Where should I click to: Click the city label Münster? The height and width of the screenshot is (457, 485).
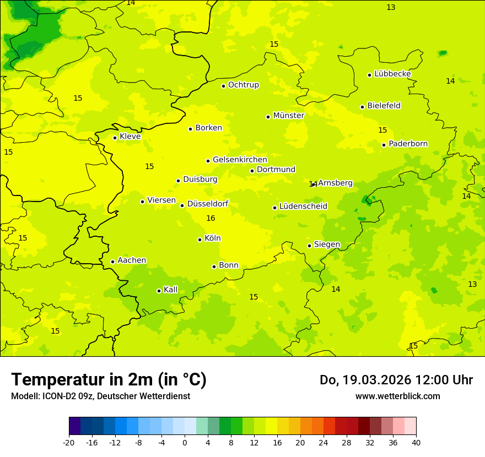[x=288, y=116]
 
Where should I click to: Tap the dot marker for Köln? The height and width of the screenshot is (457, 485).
[x=200, y=240]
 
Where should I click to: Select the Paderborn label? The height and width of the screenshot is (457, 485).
[x=408, y=144]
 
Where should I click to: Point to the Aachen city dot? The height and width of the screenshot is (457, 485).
[x=112, y=262]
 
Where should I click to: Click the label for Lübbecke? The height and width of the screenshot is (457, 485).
[x=392, y=74]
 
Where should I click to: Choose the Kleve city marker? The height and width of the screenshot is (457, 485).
[x=115, y=138]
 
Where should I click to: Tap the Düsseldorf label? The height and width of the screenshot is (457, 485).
[x=208, y=204]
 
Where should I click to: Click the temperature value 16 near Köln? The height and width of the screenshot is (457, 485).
[x=211, y=219]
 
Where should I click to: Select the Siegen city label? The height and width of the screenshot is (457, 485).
[x=327, y=244]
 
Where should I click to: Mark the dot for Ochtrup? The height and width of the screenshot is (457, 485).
[x=223, y=86]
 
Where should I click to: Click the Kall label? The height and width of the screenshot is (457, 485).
[x=170, y=290]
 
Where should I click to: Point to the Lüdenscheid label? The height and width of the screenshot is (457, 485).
[x=303, y=206]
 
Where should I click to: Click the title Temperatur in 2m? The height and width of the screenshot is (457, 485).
[x=109, y=380]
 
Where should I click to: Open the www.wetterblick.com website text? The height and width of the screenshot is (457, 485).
[x=397, y=396]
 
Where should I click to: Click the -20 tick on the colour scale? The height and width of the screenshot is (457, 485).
[x=69, y=443]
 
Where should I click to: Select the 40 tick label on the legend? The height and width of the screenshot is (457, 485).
[x=416, y=443]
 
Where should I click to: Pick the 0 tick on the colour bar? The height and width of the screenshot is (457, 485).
[x=185, y=443]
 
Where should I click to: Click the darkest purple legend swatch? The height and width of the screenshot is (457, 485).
[x=74, y=426]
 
